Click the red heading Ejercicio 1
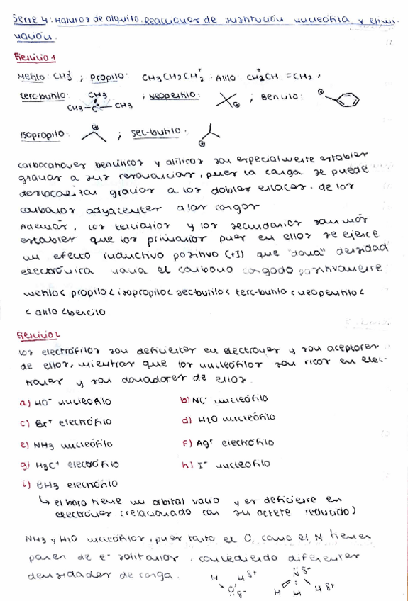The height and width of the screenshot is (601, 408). point(35,57)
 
